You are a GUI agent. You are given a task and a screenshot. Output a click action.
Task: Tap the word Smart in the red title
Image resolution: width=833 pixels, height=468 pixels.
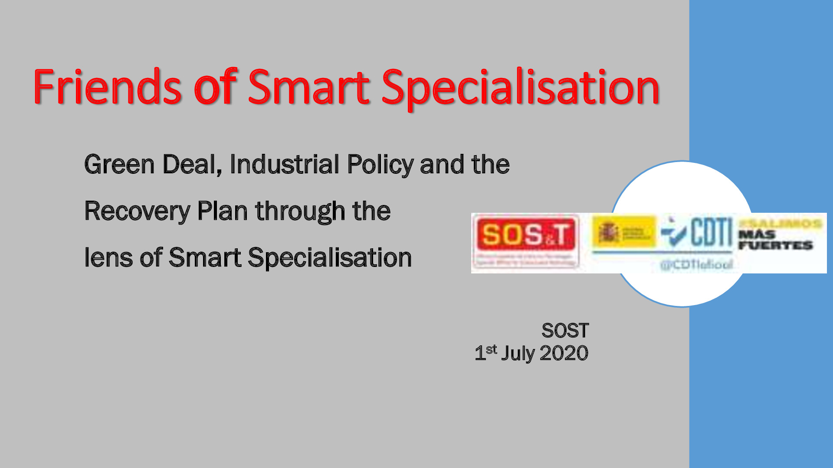coord(308,88)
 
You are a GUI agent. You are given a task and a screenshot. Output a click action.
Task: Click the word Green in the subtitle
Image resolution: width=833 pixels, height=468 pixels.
coord(119,165)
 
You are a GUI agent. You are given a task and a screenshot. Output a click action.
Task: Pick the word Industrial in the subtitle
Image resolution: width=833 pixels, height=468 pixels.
coord(284,165)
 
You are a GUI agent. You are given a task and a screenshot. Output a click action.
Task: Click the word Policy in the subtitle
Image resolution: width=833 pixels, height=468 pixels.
coord(380,166)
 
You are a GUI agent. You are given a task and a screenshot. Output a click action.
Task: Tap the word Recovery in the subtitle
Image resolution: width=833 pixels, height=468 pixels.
coord(137,212)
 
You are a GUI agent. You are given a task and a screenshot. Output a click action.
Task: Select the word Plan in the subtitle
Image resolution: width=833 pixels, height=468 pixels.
coord(222,211)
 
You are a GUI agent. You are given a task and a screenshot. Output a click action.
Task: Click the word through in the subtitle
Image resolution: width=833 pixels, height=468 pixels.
coord(300,212)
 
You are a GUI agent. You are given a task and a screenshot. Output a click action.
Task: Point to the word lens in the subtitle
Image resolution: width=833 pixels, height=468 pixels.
coord(108,258)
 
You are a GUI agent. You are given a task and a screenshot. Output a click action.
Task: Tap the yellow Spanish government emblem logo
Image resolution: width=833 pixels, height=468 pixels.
coord(623,233)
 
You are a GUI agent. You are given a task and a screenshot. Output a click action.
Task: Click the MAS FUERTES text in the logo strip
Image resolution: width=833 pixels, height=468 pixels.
coord(775,240)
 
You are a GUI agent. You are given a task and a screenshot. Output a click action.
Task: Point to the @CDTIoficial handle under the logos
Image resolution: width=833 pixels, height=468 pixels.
coord(696,264)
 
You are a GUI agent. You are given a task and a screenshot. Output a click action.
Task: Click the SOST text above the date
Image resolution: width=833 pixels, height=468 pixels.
coord(565,331)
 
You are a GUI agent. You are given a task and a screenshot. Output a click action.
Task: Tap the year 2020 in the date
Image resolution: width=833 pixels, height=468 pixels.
coord(564,354)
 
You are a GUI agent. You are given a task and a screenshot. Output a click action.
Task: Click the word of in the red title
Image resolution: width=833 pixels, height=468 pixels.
coord(215,88)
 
